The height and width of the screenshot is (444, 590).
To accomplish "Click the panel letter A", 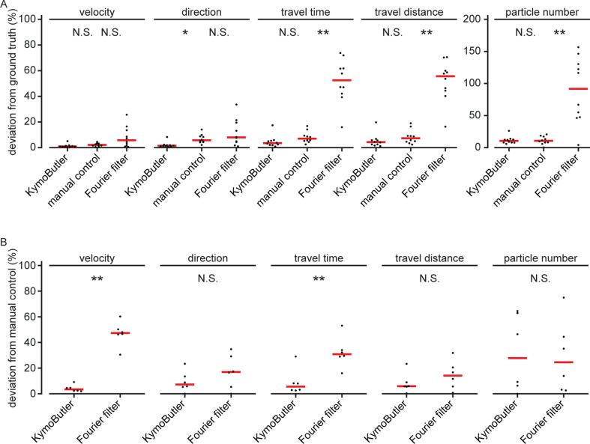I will (x=4, y=6).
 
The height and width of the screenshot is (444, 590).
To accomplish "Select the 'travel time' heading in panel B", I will (x=308, y=258).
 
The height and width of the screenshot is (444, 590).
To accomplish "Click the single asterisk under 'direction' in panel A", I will (x=184, y=34).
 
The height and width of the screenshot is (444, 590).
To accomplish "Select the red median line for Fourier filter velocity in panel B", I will (x=119, y=332).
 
